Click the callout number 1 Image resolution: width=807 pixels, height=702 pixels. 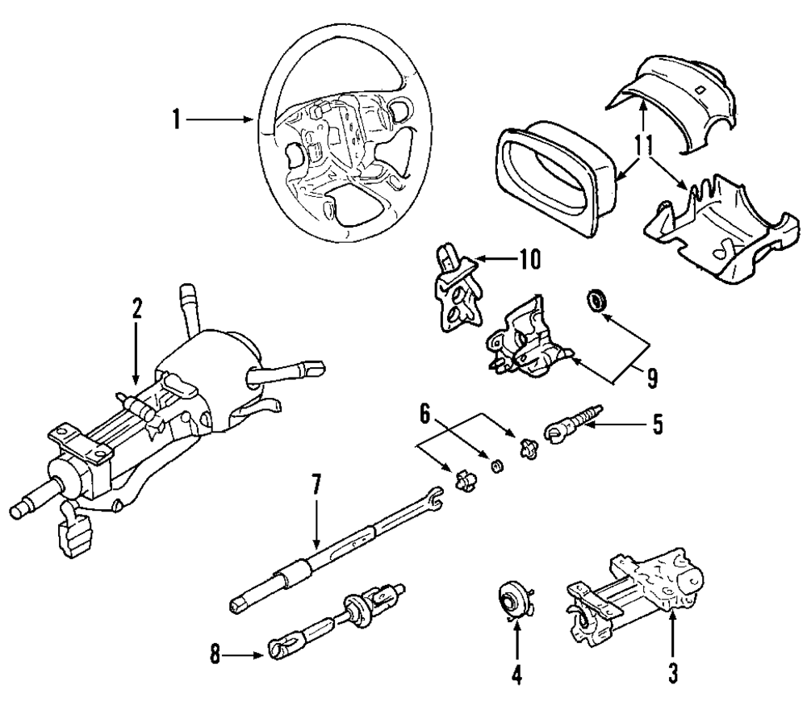177,120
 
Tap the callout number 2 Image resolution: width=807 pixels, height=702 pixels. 136,308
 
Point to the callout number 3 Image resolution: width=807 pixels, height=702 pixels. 672,673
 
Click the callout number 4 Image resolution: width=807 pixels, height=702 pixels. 516,675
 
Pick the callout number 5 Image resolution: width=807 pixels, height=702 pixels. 657,424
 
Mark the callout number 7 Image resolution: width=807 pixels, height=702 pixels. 316,485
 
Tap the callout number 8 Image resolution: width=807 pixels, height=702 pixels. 215,655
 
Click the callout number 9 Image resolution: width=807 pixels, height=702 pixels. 652,378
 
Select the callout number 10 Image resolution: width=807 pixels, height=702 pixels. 530,259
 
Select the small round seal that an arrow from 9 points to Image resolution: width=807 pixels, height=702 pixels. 597,300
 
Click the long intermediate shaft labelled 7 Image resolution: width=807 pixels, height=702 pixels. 335,549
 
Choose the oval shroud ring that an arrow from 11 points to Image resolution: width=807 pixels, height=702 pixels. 557,180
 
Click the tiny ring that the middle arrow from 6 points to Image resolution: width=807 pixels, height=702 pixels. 497,467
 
